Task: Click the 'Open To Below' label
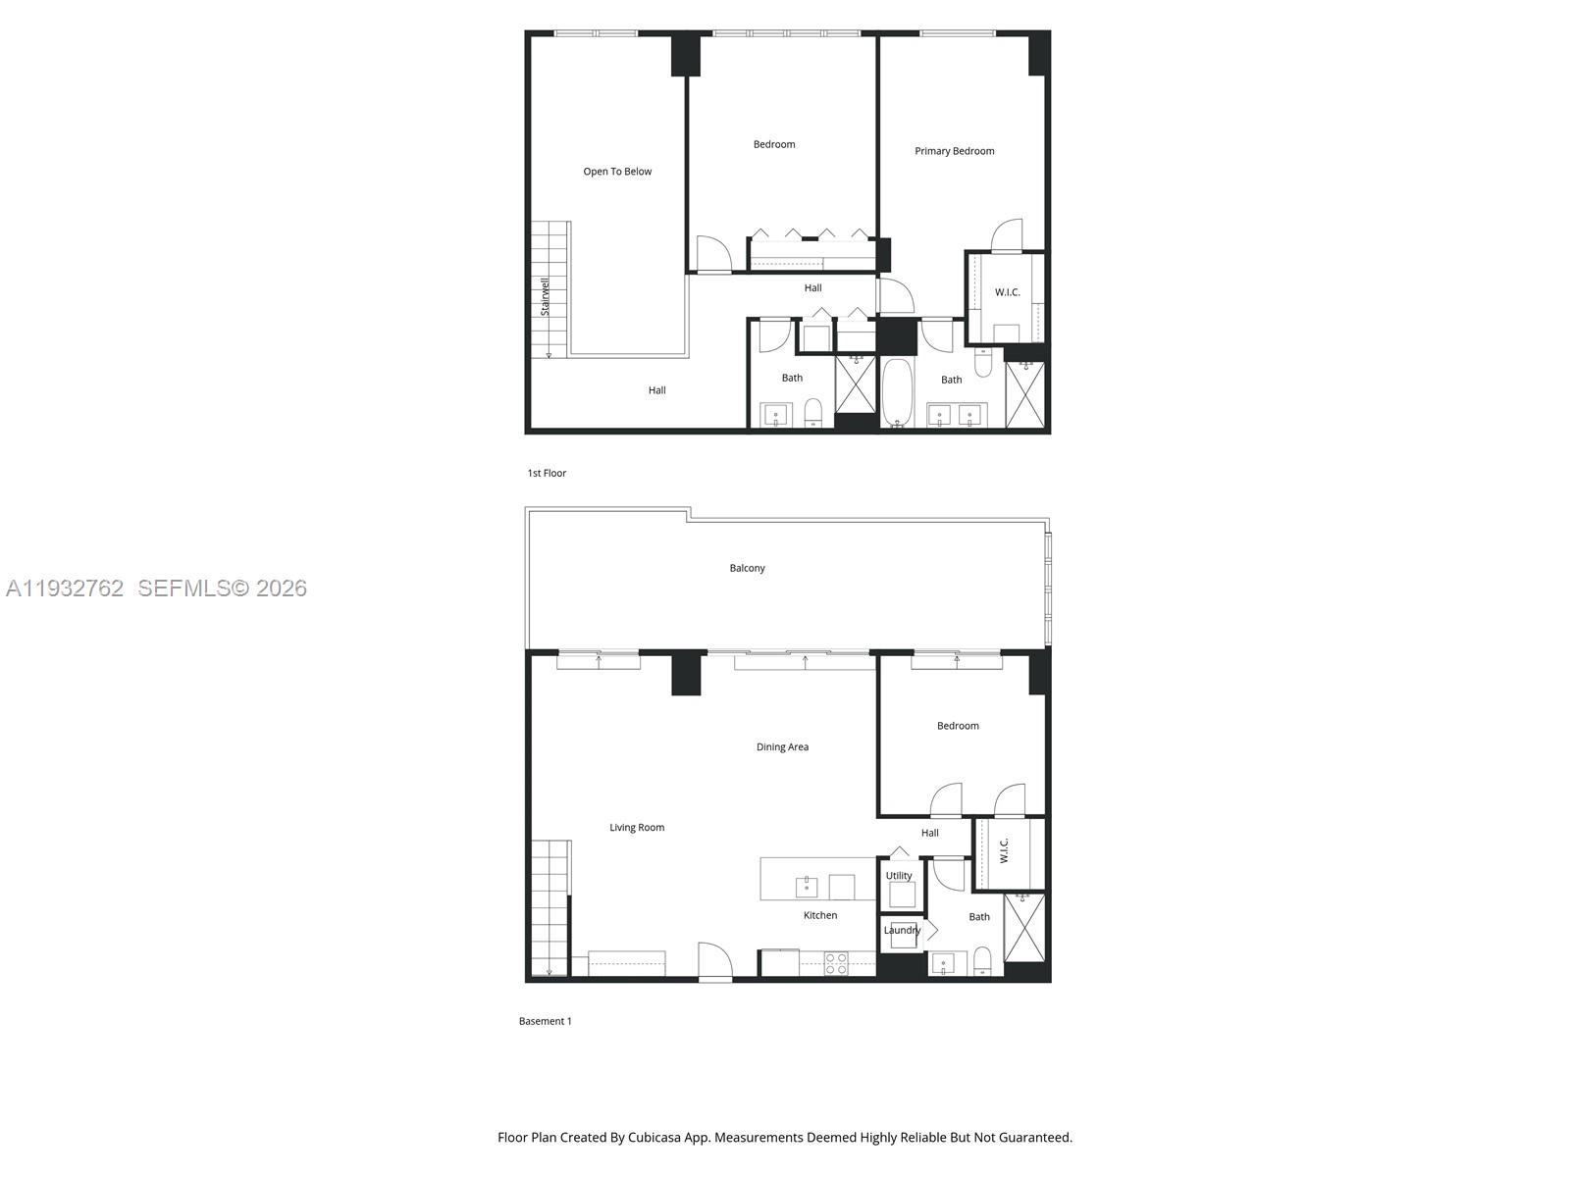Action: [x=617, y=172]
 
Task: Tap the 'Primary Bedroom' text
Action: [x=954, y=151]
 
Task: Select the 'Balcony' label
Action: [x=747, y=568]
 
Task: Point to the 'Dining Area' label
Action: [x=782, y=747]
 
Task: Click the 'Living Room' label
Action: [x=637, y=828]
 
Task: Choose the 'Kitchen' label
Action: [x=820, y=915]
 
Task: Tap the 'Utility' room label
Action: [x=899, y=876]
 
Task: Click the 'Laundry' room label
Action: [x=902, y=930]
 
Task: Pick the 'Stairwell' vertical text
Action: [x=546, y=296]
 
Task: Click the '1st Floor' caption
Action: [x=547, y=473]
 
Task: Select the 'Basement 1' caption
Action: [x=545, y=1021]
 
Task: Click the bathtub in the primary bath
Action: [x=897, y=392]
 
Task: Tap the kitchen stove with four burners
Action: [x=836, y=963]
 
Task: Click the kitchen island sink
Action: [x=807, y=887]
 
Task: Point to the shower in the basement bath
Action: [x=1024, y=928]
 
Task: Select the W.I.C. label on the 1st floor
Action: [x=1008, y=292]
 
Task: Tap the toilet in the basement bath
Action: [x=983, y=961]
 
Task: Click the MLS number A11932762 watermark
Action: [x=65, y=588]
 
